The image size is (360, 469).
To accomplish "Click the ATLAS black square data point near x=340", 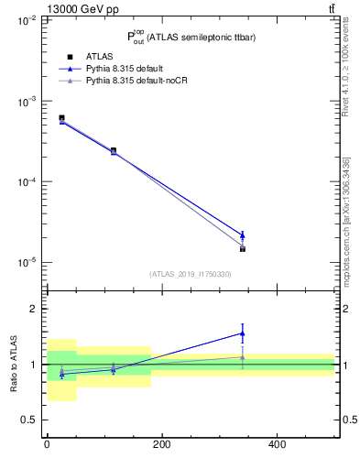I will point(242,249).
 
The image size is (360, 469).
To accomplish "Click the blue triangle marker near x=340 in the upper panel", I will point(242,235).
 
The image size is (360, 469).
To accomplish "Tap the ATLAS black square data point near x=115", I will point(114,150).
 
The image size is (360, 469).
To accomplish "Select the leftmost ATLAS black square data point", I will point(61,118).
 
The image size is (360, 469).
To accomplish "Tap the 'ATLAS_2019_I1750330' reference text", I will point(190,274).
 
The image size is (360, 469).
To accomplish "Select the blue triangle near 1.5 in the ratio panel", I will point(242,333).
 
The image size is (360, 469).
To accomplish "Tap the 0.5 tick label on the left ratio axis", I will point(29,420).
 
